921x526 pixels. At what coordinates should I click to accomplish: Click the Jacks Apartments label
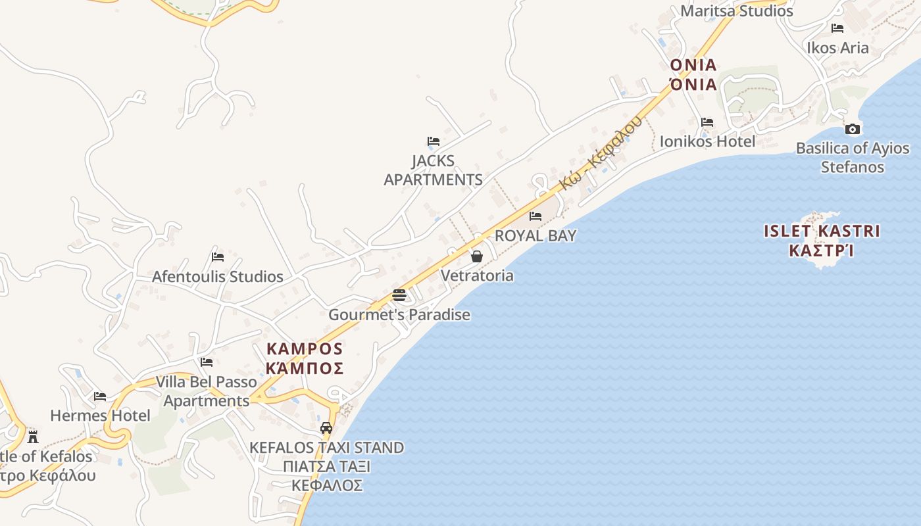click(433, 170)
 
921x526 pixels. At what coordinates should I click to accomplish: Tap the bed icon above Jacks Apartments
click(433, 141)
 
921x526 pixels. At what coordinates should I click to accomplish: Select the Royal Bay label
click(535, 235)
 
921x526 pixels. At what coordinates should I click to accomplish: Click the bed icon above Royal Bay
click(535, 216)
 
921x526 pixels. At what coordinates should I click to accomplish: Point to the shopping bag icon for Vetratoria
click(477, 256)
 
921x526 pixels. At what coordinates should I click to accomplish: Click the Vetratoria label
click(477, 275)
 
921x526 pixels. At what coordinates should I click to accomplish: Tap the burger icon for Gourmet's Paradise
click(399, 295)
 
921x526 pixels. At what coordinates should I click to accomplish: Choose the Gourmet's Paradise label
click(399, 314)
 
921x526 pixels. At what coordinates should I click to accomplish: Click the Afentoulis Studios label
click(218, 276)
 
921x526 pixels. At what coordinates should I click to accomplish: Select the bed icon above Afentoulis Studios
click(218, 256)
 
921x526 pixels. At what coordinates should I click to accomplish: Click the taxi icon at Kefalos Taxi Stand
click(326, 428)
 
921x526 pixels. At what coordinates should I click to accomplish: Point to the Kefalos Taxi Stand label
click(326, 466)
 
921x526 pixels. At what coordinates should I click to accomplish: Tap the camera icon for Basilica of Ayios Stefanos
click(853, 129)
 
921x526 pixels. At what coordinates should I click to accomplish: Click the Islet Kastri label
click(822, 240)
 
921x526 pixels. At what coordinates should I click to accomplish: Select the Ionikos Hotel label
click(707, 141)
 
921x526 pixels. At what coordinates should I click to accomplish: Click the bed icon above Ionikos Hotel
click(707, 122)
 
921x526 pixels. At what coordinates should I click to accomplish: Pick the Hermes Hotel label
click(100, 416)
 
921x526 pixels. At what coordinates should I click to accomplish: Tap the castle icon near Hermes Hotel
click(32, 437)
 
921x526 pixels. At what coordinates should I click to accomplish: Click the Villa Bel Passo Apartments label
click(206, 391)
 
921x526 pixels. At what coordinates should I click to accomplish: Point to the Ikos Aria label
click(837, 48)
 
